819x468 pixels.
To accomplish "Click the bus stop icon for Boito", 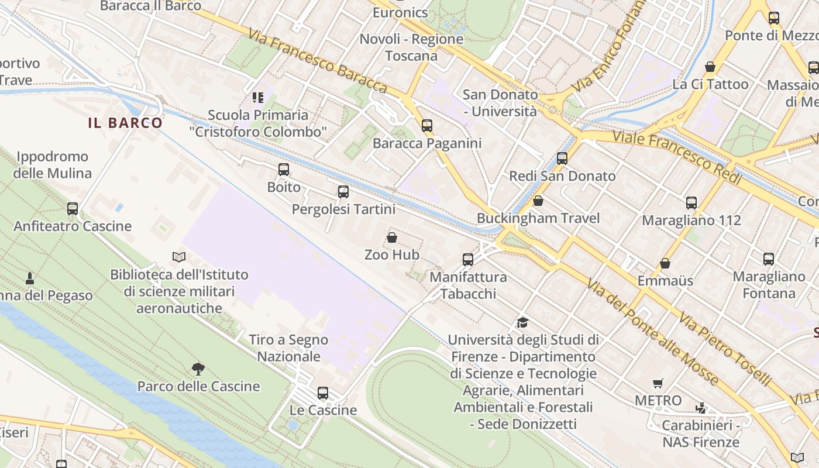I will pos(284,170).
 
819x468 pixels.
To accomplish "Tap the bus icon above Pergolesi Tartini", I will pos(343,192).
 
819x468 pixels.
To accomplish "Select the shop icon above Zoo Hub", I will pos(392,238).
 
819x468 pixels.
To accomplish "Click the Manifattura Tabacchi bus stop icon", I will pos(468,260).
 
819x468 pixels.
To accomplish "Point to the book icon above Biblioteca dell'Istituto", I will pos(179,257).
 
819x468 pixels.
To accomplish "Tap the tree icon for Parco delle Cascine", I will pos(198,369).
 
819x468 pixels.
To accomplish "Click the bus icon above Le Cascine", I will pos(323,393).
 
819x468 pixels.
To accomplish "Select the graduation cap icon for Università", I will pos(522,322).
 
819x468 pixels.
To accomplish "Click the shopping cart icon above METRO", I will pos(658,384).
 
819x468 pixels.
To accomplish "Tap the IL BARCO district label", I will pos(125,123).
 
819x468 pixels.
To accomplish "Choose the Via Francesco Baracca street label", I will pos(317,60).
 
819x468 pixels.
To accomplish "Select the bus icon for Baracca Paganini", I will pos(427,125).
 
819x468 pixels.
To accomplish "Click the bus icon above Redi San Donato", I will pos(562,158).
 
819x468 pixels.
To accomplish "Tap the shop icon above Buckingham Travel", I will pos(538,201).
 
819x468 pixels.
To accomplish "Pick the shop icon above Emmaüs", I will pos(665,263).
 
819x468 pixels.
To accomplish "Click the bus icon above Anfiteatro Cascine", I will pos(73,209).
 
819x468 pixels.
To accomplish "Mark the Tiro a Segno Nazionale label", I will pos(289,348).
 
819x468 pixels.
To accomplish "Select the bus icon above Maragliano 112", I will pos(691,203).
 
